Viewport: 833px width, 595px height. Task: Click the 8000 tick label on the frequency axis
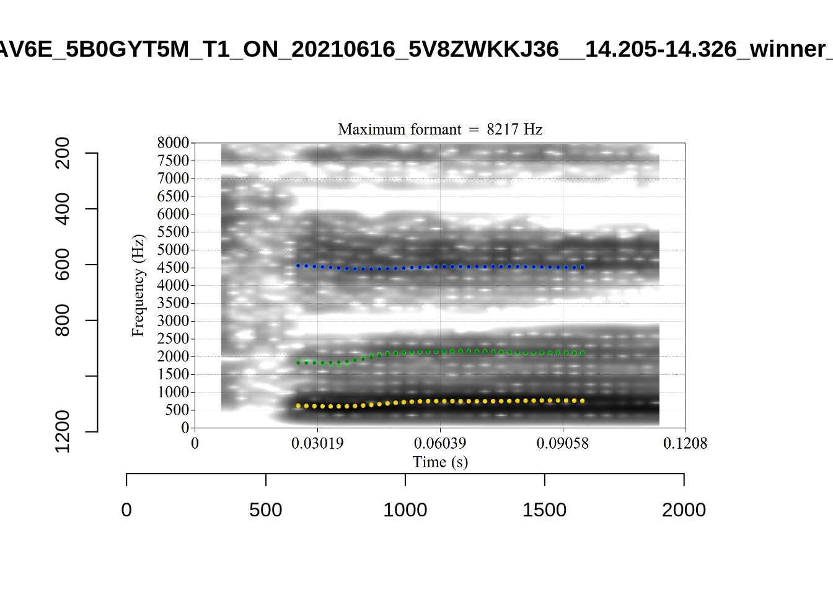[x=173, y=143]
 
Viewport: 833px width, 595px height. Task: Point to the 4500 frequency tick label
[x=173, y=268]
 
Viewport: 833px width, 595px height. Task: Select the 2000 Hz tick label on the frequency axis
[x=173, y=356]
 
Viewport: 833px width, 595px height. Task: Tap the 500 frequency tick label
[x=177, y=410]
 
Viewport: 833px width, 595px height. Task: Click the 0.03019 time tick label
[x=317, y=443]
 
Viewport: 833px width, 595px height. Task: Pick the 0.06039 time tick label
[x=440, y=443]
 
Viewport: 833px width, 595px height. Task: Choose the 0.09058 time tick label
[x=563, y=443]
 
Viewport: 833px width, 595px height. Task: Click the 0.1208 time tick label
[x=685, y=443]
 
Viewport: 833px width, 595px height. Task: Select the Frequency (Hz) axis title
[x=138, y=285]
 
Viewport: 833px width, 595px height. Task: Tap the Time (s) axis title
[x=440, y=462]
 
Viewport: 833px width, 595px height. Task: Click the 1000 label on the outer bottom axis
[x=405, y=509]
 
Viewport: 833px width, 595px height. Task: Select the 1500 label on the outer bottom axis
[x=544, y=509]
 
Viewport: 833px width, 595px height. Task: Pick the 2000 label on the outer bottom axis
[x=684, y=509]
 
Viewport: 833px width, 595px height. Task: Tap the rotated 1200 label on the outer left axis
[x=63, y=431]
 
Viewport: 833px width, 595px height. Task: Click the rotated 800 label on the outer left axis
[x=63, y=320]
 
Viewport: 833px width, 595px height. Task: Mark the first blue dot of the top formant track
[x=298, y=265]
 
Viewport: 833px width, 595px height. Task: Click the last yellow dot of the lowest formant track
[x=583, y=401]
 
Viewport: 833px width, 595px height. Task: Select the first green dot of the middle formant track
[x=298, y=362]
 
